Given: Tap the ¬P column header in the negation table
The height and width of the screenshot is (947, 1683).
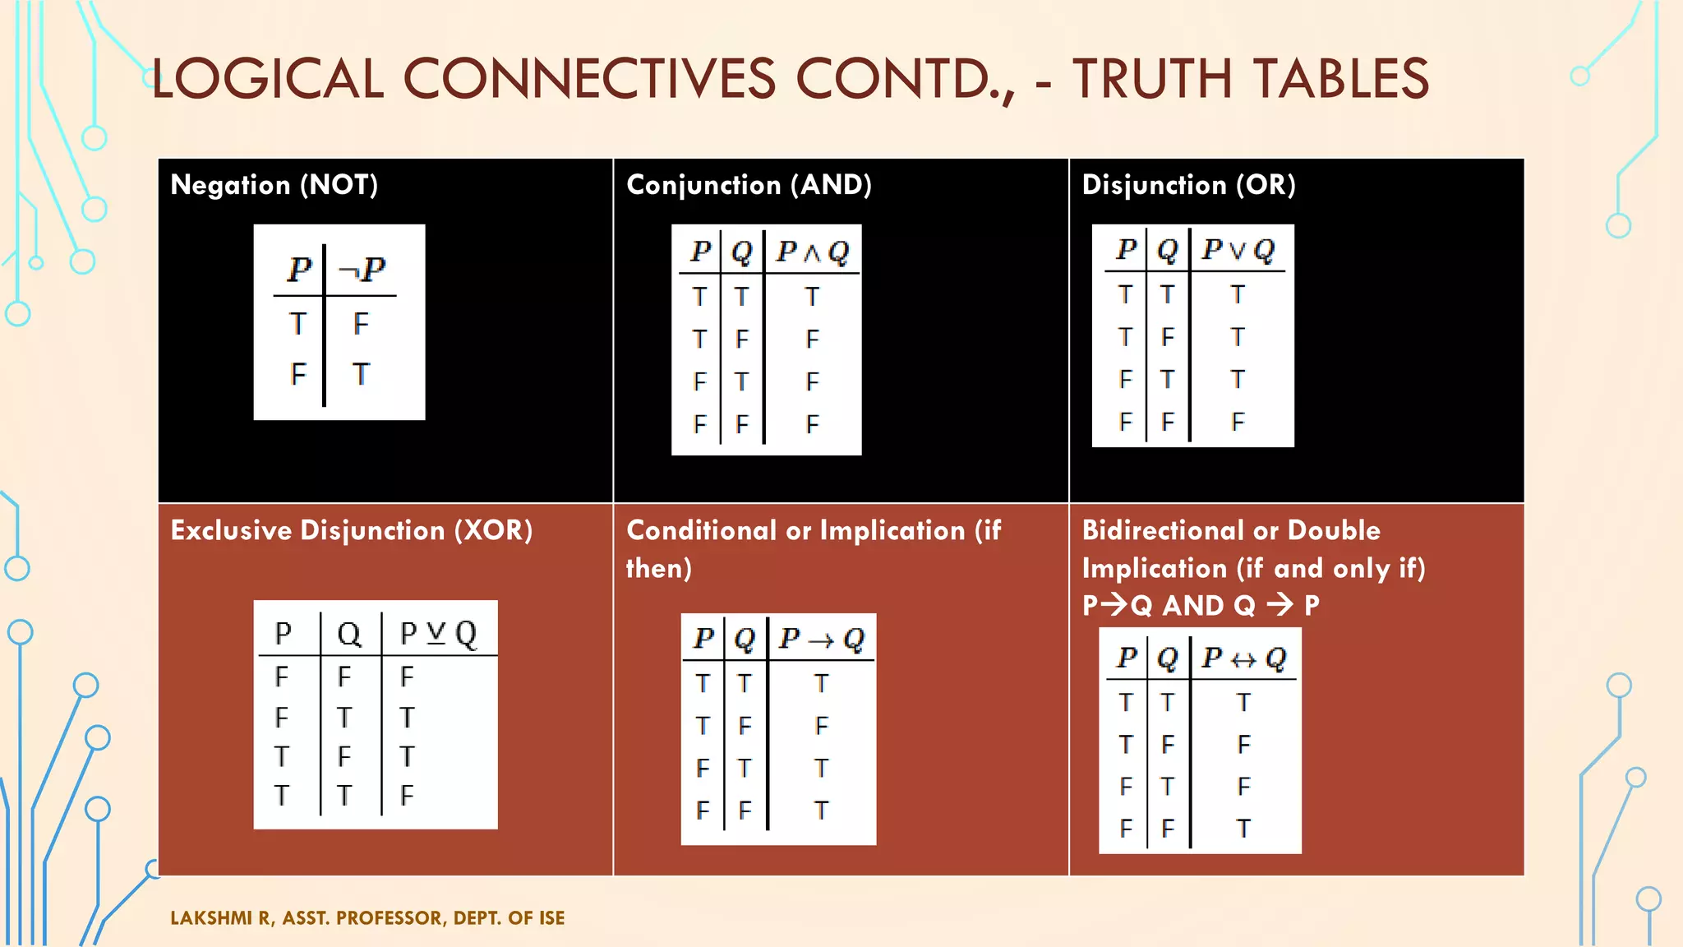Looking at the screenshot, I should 362,269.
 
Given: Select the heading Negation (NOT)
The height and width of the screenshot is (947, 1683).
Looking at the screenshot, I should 274,185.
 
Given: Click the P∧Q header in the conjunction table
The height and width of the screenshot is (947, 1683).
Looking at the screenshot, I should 813,252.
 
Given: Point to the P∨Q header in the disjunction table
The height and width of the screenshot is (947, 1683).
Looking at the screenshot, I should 1238,249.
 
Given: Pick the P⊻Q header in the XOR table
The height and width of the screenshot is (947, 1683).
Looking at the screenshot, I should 438,633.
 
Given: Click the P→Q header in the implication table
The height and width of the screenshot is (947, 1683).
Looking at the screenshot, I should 821,639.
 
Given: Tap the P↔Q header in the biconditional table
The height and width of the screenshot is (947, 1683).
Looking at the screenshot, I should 1243,658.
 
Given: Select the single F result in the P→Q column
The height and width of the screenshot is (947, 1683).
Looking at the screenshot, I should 821,726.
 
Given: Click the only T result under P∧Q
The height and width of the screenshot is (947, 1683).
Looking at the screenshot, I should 812,296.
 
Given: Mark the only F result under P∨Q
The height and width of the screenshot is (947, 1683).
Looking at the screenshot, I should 1238,422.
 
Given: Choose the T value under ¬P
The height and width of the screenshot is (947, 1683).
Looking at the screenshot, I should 361,374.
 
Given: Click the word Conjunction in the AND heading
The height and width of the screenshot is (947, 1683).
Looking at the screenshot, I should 703,185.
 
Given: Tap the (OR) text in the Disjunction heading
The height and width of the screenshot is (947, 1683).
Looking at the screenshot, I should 1266,185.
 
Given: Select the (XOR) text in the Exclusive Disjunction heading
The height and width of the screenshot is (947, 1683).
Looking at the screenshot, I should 493,530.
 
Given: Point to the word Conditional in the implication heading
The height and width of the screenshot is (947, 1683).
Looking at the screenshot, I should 701,530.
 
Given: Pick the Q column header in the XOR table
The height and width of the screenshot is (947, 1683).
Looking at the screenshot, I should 348,633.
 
